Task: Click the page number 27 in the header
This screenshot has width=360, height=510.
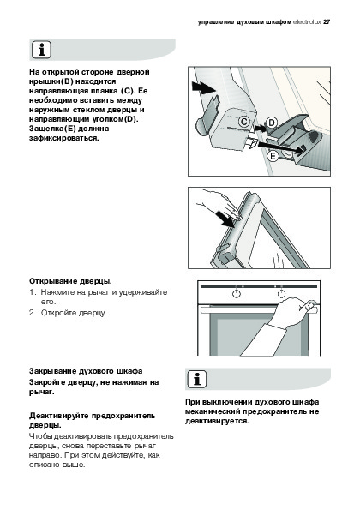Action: [x=327, y=22]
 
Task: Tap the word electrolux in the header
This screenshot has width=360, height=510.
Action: [x=307, y=22]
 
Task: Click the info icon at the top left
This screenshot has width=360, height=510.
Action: [x=41, y=50]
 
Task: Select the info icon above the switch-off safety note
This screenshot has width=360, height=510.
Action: [x=197, y=379]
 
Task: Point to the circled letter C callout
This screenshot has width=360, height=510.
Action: [x=243, y=122]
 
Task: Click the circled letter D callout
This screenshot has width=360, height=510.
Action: [x=271, y=123]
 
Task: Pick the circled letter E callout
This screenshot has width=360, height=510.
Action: [x=273, y=157]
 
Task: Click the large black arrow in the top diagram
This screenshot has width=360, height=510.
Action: [x=204, y=87]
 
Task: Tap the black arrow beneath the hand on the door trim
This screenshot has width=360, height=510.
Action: [x=225, y=219]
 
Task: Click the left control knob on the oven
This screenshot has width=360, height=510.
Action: [x=237, y=294]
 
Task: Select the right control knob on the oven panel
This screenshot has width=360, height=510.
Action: [x=281, y=294]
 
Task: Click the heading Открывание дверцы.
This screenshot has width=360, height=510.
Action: [x=70, y=281]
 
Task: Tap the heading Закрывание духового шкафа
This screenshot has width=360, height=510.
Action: [x=86, y=371]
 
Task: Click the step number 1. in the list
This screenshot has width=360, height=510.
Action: [x=33, y=292]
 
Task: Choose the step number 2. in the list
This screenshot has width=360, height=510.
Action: [x=32, y=313]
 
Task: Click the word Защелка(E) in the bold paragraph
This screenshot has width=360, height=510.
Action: [x=52, y=129]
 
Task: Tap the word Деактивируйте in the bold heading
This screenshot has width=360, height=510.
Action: [x=59, y=416]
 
